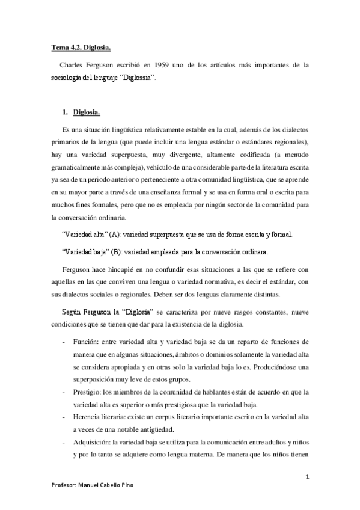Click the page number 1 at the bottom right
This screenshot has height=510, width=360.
[307, 477]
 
